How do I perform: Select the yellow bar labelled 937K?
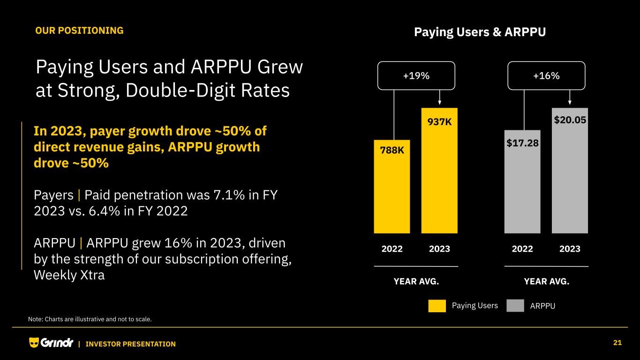[x=439, y=178]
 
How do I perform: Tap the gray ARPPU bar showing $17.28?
[x=522, y=187]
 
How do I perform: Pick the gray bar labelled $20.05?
[x=570, y=178]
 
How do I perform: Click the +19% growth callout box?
[x=416, y=75]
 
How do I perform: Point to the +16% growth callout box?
[x=546, y=75]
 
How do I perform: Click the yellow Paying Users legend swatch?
[x=437, y=306]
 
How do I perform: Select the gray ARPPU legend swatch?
[x=515, y=306]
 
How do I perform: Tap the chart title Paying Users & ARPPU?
[x=480, y=32]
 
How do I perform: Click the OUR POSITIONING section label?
[x=79, y=30]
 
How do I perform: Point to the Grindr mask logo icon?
[x=34, y=343]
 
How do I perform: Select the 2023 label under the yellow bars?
[x=439, y=249]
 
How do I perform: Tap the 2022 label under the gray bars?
[x=522, y=249]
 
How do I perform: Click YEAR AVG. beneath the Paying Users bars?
[x=416, y=281]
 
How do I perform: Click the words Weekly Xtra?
[x=69, y=275]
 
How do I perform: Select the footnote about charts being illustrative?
[x=90, y=319]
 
